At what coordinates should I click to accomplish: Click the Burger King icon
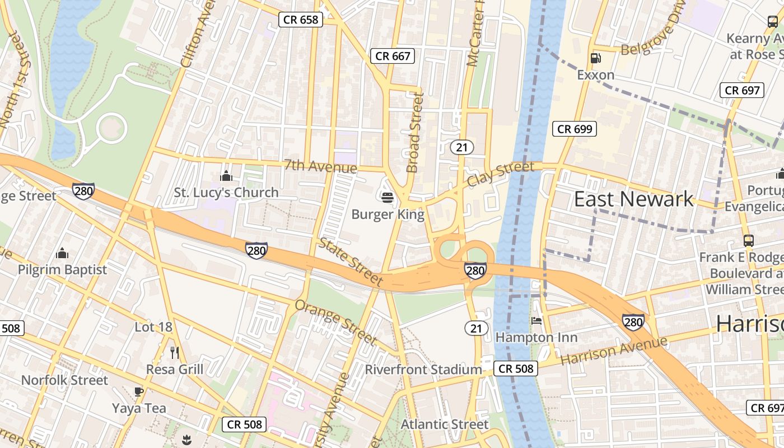coord(387,197)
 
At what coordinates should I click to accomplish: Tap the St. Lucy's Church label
coord(226,193)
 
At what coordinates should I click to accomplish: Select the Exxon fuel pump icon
coord(596,58)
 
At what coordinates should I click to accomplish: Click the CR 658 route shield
coord(301,20)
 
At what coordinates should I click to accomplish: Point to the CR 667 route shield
coord(393,56)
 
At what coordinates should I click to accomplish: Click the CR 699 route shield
coord(575,129)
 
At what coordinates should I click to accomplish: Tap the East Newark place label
coord(633,199)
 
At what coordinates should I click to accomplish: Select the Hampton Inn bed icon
coord(536,321)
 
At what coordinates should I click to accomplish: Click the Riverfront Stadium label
coord(423,370)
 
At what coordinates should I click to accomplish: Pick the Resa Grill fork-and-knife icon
coord(175,352)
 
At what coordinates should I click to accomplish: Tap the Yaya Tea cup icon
coord(139,391)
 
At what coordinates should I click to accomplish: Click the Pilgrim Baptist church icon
coord(62,253)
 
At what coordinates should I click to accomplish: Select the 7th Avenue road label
coord(320,166)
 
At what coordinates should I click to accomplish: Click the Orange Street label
coord(335,322)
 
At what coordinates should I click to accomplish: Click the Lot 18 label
coord(153,326)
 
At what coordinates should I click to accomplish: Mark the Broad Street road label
coord(415,133)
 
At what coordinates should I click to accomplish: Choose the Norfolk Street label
coord(64,380)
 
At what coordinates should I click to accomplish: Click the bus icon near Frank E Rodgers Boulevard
coord(749,240)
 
